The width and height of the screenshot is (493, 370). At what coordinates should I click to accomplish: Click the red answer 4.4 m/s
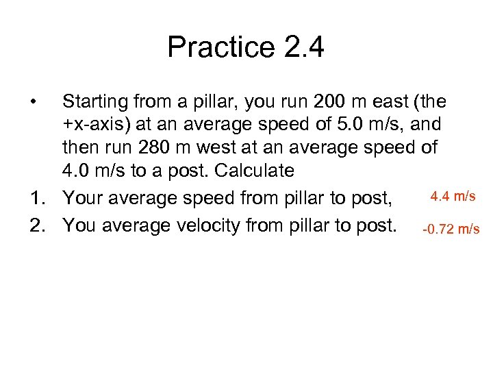[x=453, y=197]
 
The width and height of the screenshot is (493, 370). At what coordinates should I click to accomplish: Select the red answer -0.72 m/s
[x=451, y=229]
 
